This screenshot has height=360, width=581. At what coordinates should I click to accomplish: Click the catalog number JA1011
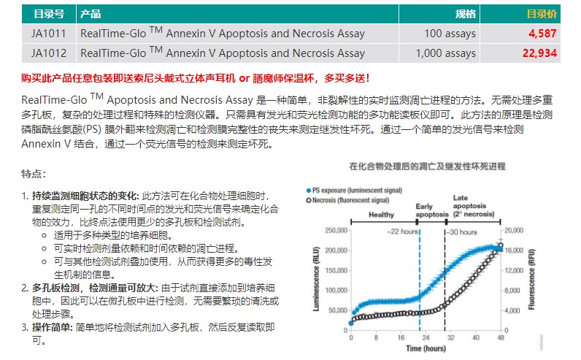tap(48, 34)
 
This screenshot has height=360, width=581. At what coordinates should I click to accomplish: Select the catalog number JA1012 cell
tap(48, 53)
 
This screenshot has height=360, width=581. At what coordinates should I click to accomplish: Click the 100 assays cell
tap(450, 34)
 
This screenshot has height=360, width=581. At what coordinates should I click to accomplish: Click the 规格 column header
tap(465, 14)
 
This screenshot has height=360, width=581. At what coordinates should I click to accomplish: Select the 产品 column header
tap(91, 14)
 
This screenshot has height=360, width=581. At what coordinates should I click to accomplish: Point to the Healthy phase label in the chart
tap(381, 215)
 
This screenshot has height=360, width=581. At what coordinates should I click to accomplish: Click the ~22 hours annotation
tap(402, 231)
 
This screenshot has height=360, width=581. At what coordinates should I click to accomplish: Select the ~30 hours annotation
tap(463, 231)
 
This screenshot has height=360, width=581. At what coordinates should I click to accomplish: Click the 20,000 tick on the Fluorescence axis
tap(515, 231)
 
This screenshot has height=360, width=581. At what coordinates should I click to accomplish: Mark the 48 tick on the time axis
tap(501, 338)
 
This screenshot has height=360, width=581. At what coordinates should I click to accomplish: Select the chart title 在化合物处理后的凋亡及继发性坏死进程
tap(426, 166)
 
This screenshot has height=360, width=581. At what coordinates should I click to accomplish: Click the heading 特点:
tap(34, 174)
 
